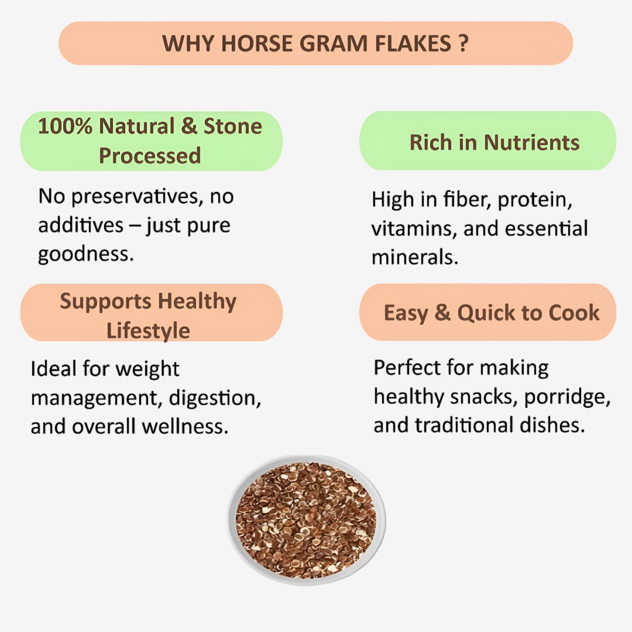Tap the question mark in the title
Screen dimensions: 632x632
tap(463, 44)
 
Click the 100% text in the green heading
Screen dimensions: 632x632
tap(65, 126)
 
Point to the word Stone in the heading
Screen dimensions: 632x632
tap(232, 126)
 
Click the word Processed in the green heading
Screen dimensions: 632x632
tap(150, 156)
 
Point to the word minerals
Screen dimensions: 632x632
tap(414, 257)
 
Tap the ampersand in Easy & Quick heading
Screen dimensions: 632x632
tap(442, 312)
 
